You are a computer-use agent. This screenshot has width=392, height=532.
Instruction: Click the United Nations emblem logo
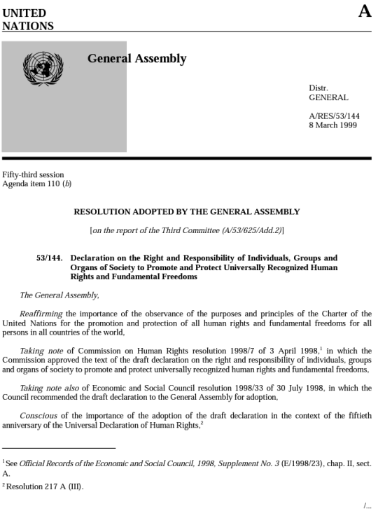click(43, 69)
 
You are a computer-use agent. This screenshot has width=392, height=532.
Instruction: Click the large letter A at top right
click(364, 11)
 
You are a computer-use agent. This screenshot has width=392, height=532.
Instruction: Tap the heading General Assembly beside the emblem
click(136, 59)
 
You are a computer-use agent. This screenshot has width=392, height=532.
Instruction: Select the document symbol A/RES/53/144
click(335, 115)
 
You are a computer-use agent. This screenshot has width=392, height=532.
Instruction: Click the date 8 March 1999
click(332, 125)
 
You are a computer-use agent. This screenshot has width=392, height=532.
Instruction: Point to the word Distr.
click(318, 87)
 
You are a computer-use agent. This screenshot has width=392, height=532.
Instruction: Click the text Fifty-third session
click(33, 174)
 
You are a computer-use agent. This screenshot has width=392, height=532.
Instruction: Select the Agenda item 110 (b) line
click(37, 184)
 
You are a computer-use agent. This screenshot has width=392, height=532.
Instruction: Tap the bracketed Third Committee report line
click(187, 230)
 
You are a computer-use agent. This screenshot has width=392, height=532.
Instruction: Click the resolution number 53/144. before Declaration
click(49, 258)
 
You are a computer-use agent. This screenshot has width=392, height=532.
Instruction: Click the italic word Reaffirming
click(41, 314)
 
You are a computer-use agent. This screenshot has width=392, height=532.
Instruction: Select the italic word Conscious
click(38, 415)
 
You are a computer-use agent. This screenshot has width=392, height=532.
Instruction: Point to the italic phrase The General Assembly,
click(59, 295)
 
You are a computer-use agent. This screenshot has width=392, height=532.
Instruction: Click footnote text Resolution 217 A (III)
click(45, 486)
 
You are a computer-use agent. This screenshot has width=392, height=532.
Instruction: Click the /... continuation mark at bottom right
click(367, 506)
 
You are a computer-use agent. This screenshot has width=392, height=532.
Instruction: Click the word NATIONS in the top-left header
click(28, 26)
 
